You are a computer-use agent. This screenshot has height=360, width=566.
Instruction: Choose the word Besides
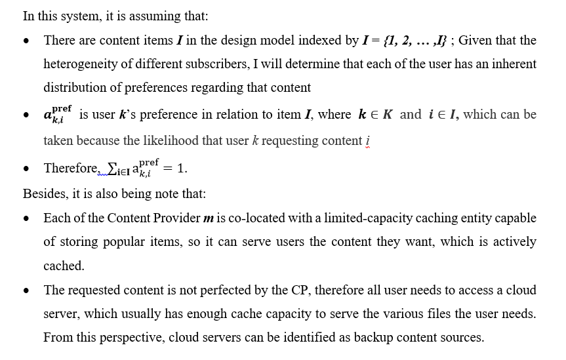click(x=44, y=193)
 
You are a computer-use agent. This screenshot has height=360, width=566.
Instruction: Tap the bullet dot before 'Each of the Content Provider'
click(x=26, y=218)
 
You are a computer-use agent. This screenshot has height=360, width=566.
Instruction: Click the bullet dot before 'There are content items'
click(x=26, y=41)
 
